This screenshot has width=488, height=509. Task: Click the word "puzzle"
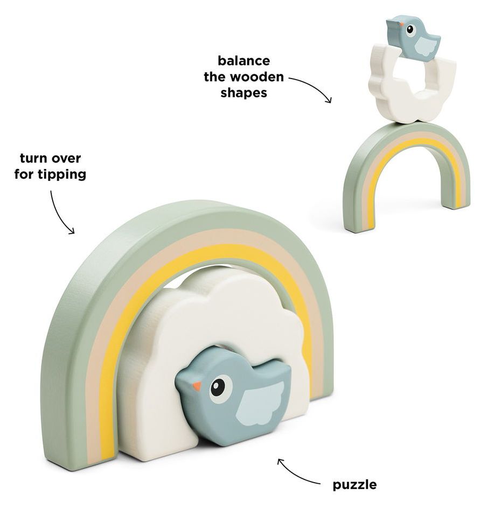pos(354,485)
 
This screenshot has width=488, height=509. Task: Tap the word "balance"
pos(243,61)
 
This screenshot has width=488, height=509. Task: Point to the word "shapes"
pos(243,92)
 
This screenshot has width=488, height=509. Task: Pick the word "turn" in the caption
pos(34,159)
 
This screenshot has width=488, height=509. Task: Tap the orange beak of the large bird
pos(197,386)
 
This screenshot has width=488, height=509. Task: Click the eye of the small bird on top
pos(410,29)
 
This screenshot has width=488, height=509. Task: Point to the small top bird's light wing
pos(427,47)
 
